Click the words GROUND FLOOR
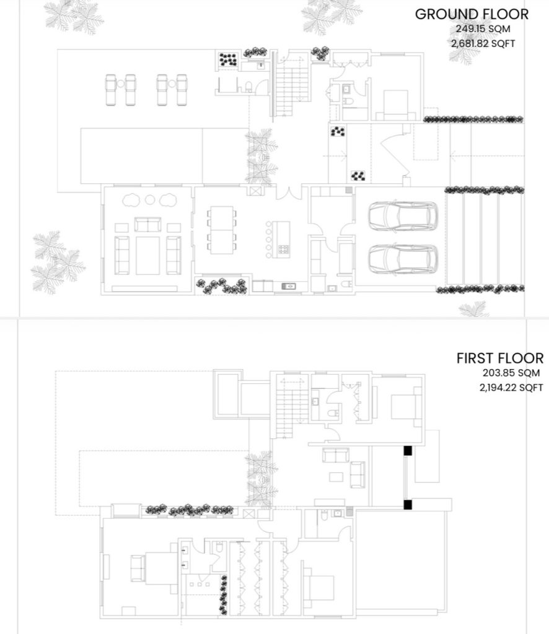coord(472,14)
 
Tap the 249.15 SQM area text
coord(483,29)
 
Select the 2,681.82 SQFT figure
coord(483,43)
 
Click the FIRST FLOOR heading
coord(500,358)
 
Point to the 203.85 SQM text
coord(511,373)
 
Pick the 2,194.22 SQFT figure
coord(511,388)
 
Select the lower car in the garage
coord(403,259)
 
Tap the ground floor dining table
coord(222,230)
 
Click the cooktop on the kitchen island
coord(284,250)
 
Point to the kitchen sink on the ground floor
coord(289,286)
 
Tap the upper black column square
coord(408,451)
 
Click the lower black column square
coord(408,505)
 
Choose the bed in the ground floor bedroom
coord(396,105)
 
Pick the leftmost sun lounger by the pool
coord(111,90)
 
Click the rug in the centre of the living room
coord(147,256)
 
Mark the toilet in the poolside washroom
coord(249,86)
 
